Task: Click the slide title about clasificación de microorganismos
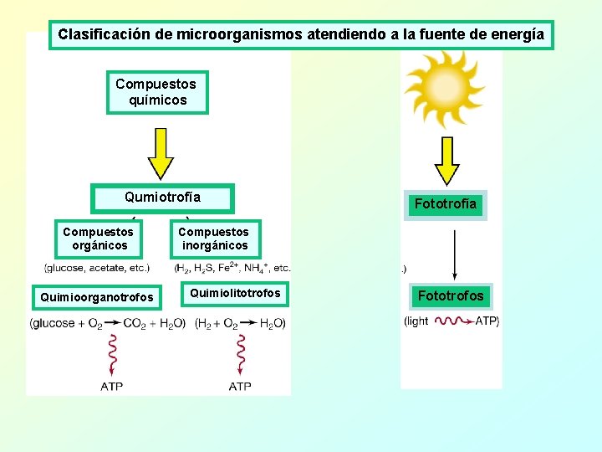click(x=301, y=35)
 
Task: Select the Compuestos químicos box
click(x=157, y=92)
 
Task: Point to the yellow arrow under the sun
click(x=448, y=159)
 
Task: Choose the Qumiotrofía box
click(x=163, y=198)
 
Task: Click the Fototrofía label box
click(x=446, y=203)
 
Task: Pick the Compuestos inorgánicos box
click(x=214, y=239)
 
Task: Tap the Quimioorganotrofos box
click(x=98, y=297)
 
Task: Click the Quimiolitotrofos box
click(x=236, y=293)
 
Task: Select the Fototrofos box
click(x=451, y=295)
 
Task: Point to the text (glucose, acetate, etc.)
click(x=97, y=268)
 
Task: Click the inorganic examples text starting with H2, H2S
click(x=232, y=268)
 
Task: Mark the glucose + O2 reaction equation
click(x=107, y=324)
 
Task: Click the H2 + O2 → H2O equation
click(x=241, y=324)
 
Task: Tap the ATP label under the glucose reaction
click(x=112, y=386)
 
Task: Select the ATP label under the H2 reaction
click(x=240, y=386)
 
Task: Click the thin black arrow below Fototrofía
click(x=454, y=254)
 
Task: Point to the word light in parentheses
click(x=416, y=321)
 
